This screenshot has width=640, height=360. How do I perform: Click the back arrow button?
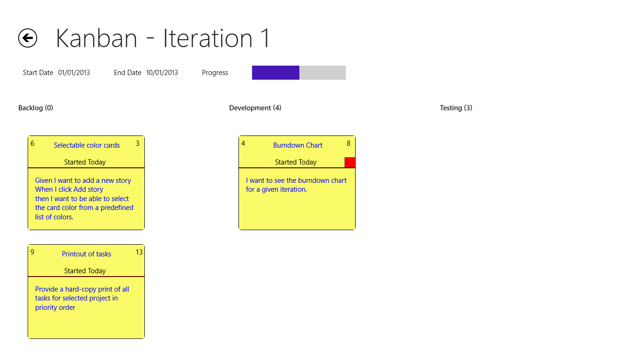click(28, 38)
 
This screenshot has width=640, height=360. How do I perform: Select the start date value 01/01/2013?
click(74, 73)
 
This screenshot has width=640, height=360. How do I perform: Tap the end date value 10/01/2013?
click(162, 73)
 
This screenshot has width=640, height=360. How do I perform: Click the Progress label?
click(215, 73)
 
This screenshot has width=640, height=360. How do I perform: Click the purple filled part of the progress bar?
click(275, 73)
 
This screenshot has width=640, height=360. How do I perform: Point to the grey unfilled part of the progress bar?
click(322, 73)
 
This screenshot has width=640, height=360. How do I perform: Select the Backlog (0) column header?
click(36, 108)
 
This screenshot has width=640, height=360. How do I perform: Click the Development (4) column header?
click(255, 108)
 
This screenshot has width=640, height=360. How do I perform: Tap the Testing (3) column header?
click(456, 108)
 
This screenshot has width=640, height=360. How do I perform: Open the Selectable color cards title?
click(87, 145)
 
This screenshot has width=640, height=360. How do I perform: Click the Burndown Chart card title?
click(298, 145)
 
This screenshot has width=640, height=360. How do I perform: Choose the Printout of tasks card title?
click(87, 254)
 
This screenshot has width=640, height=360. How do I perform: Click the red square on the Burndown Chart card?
click(350, 162)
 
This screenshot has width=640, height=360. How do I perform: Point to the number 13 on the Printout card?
click(139, 252)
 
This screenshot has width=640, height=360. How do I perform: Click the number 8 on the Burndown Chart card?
click(349, 143)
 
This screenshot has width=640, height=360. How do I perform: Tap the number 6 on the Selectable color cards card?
click(32, 143)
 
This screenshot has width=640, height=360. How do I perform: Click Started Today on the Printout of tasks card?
click(85, 271)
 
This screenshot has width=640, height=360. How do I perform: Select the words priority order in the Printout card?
click(55, 307)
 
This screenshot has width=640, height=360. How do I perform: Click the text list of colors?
click(54, 217)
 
